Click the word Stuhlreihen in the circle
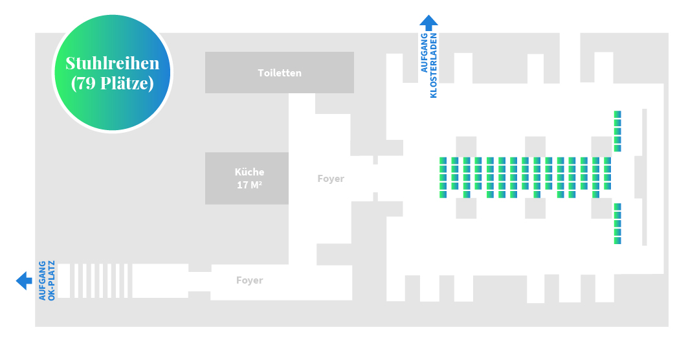point(113,63)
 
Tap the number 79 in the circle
point(85,83)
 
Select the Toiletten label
point(280,73)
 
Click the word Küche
point(249,172)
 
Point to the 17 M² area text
point(249,185)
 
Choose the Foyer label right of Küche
point(331,179)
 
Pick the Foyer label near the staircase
point(250,280)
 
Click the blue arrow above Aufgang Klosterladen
point(429,22)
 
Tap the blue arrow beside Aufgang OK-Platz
point(24,280)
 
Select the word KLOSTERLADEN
point(433,65)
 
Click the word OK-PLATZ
point(51,280)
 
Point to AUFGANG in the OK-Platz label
point(42,280)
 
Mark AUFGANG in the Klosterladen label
point(424,52)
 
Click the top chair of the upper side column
point(617,114)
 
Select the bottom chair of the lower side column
point(617,240)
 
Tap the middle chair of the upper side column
point(617,131)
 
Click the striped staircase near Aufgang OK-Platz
point(95,280)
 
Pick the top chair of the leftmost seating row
point(443,161)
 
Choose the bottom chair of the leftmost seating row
point(443,194)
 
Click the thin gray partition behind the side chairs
point(644,177)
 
